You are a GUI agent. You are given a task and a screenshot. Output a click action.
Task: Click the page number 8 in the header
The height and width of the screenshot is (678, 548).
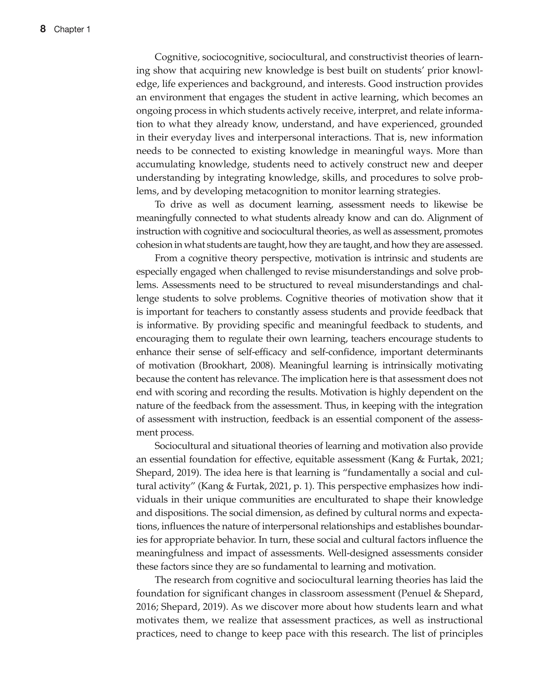click(43, 29)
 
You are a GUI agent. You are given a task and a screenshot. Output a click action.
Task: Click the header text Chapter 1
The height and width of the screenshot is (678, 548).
click(72, 30)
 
